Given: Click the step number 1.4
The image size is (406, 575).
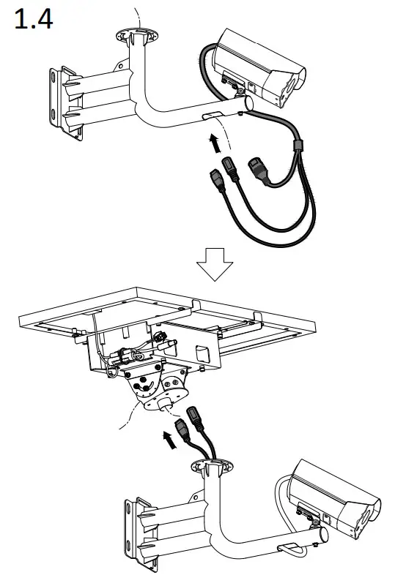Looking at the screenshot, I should click(x=34, y=20).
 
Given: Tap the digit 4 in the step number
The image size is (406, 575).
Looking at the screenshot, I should click(x=44, y=20).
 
